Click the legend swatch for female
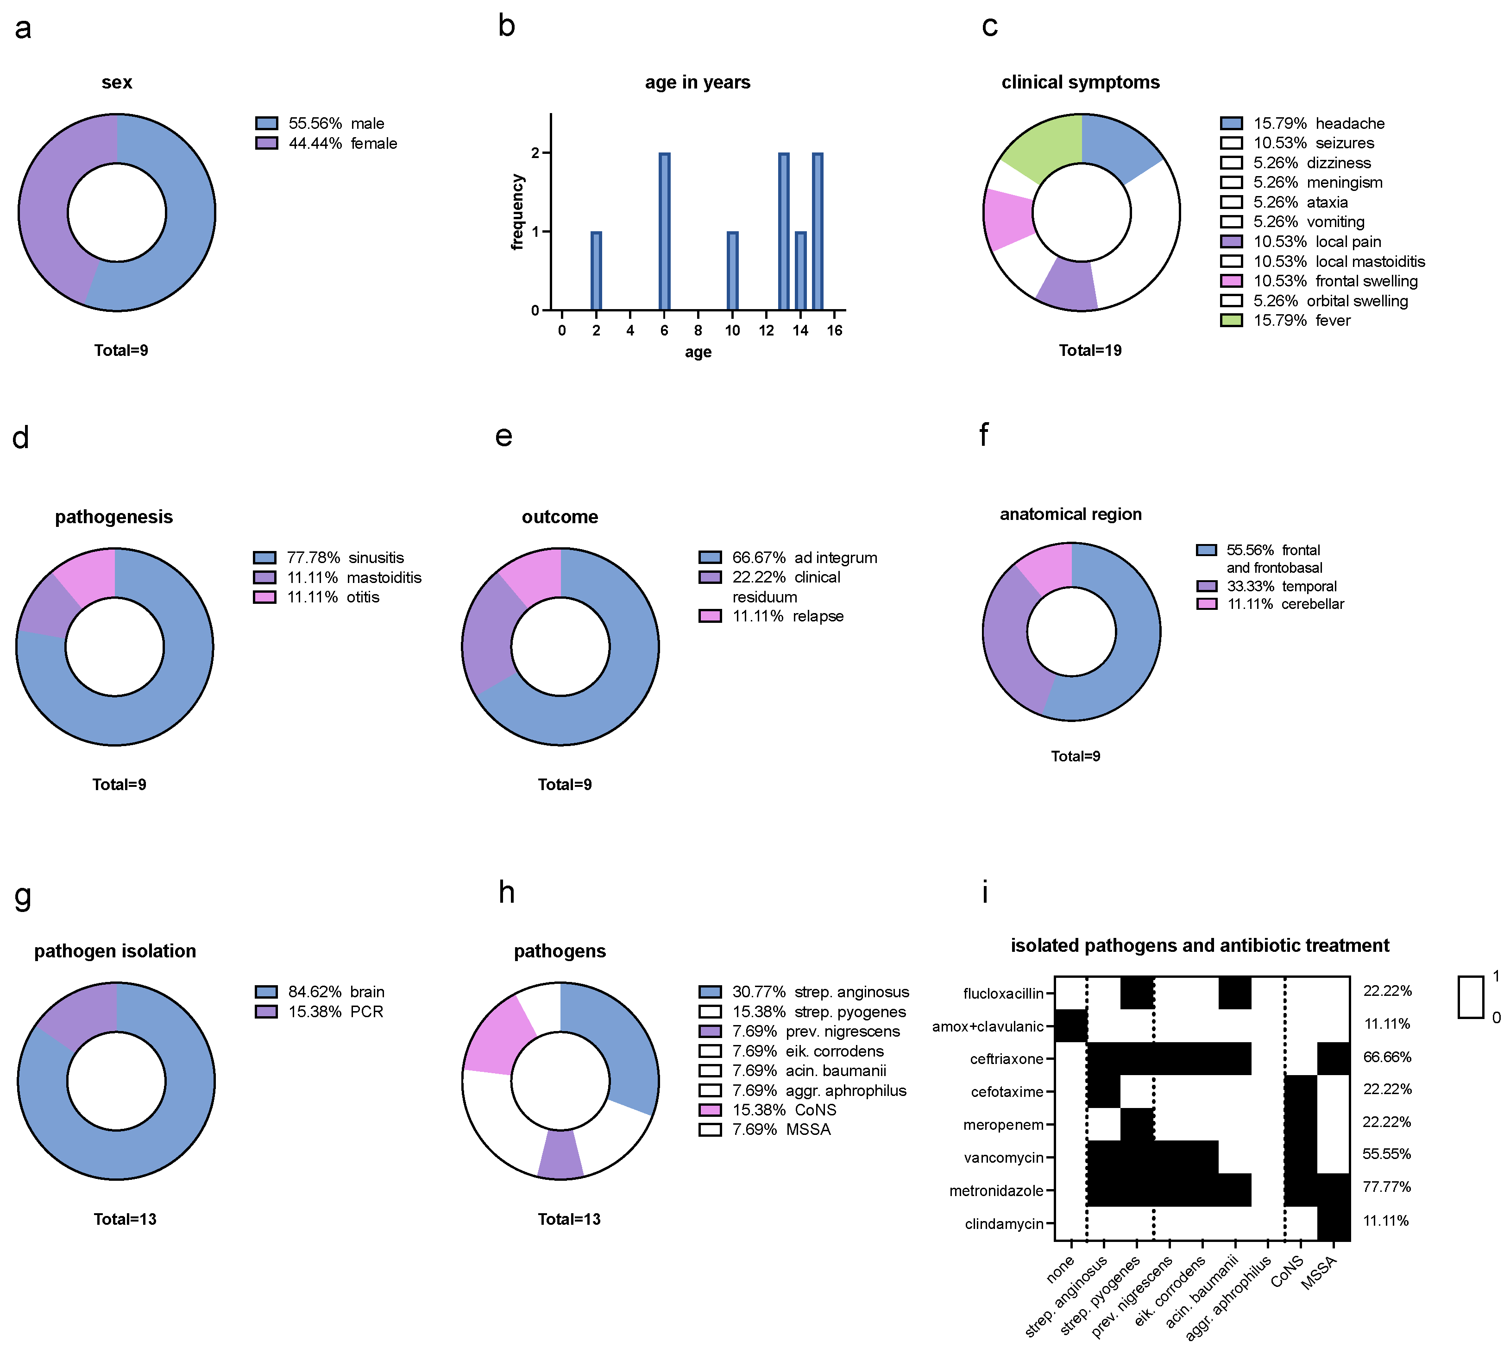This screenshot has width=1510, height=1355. tap(266, 143)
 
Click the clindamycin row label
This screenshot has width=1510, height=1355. tap(1004, 1224)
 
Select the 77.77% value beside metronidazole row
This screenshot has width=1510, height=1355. tap(1386, 1187)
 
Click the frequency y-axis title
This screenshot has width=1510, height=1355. tap(518, 212)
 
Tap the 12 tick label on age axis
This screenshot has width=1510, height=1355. tap(767, 330)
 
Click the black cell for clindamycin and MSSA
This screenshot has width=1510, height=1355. tap(1334, 1224)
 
